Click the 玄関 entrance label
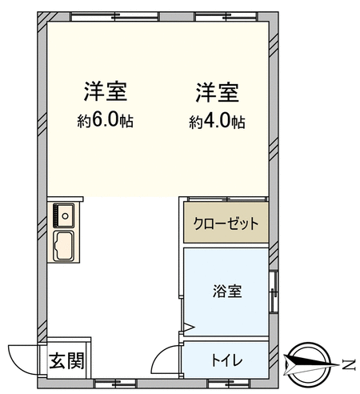click(x=66, y=361)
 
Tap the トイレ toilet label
click(x=227, y=360)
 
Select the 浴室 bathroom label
click(x=227, y=291)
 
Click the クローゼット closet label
click(x=226, y=223)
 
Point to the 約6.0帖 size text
click(x=106, y=121)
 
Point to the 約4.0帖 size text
click(x=218, y=122)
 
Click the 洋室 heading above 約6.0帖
click(x=106, y=91)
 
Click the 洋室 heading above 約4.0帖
click(x=218, y=93)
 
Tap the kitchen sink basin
click(x=64, y=246)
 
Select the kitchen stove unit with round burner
click(x=63, y=215)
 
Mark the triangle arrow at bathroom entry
click(x=190, y=327)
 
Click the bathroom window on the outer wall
click(x=274, y=291)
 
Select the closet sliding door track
click(x=227, y=199)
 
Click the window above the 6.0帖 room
click(x=115, y=17)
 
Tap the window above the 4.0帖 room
click(x=226, y=17)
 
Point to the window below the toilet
click(x=230, y=384)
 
